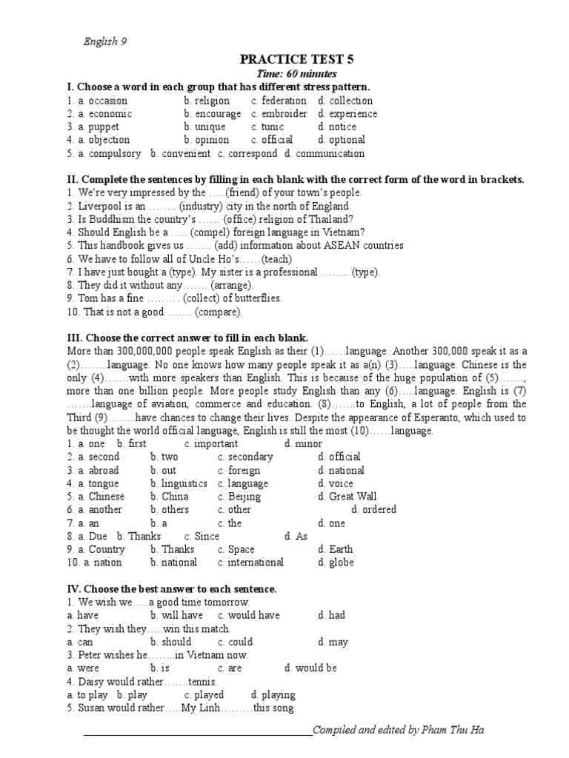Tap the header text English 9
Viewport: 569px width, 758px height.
click(x=104, y=41)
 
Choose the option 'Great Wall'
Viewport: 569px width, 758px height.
click(x=353, y=497)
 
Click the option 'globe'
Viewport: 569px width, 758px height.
click(x=342, y=563)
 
